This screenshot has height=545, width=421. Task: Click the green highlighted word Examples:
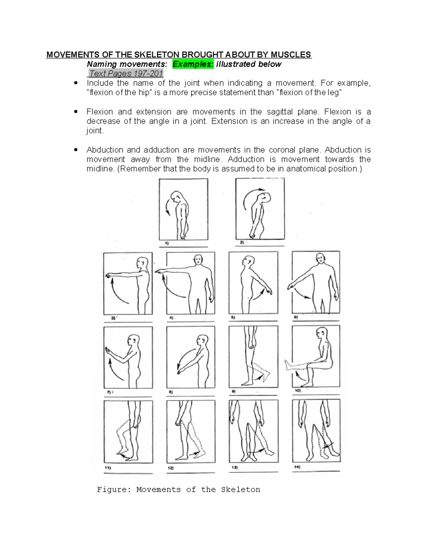193,64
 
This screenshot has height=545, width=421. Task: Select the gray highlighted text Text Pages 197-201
125,74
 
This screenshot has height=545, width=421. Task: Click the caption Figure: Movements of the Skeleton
179,490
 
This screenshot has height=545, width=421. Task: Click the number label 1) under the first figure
167,243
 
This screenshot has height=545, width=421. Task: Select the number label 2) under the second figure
242,242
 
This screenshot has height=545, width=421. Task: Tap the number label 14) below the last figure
297,467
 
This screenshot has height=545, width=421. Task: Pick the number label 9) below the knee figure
233,391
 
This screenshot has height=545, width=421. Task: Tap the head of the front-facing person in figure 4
198,260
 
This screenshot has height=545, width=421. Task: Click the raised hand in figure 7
108,351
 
